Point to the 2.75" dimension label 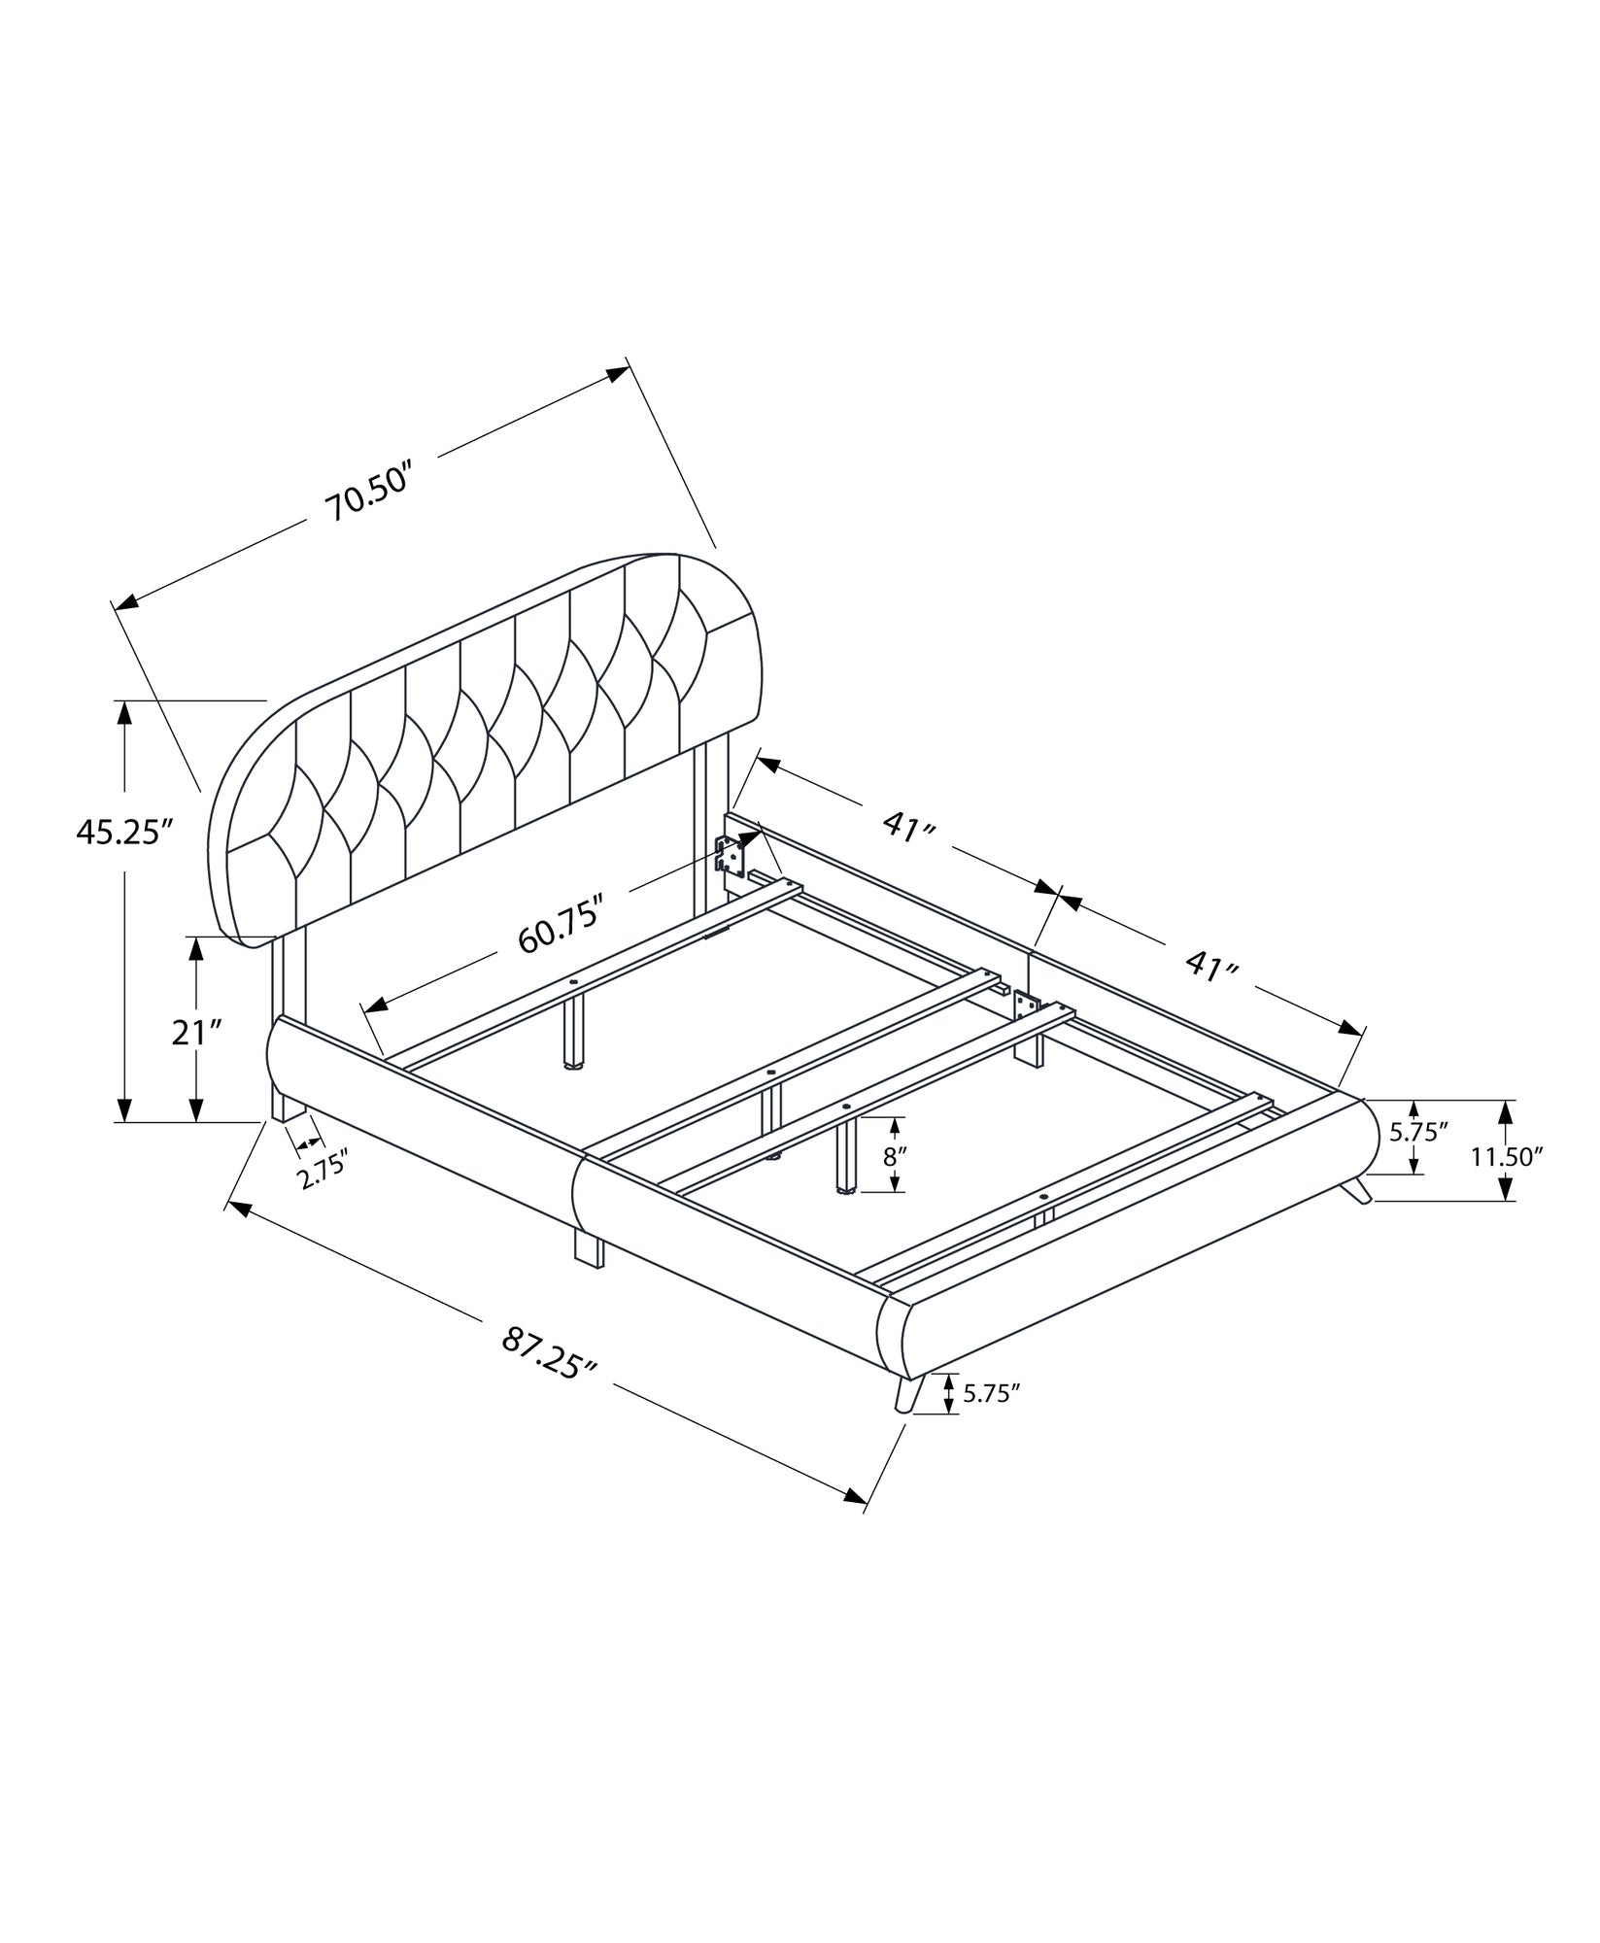(323, 1176)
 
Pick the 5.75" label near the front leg (990, 1393)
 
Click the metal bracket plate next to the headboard (730, 856)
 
